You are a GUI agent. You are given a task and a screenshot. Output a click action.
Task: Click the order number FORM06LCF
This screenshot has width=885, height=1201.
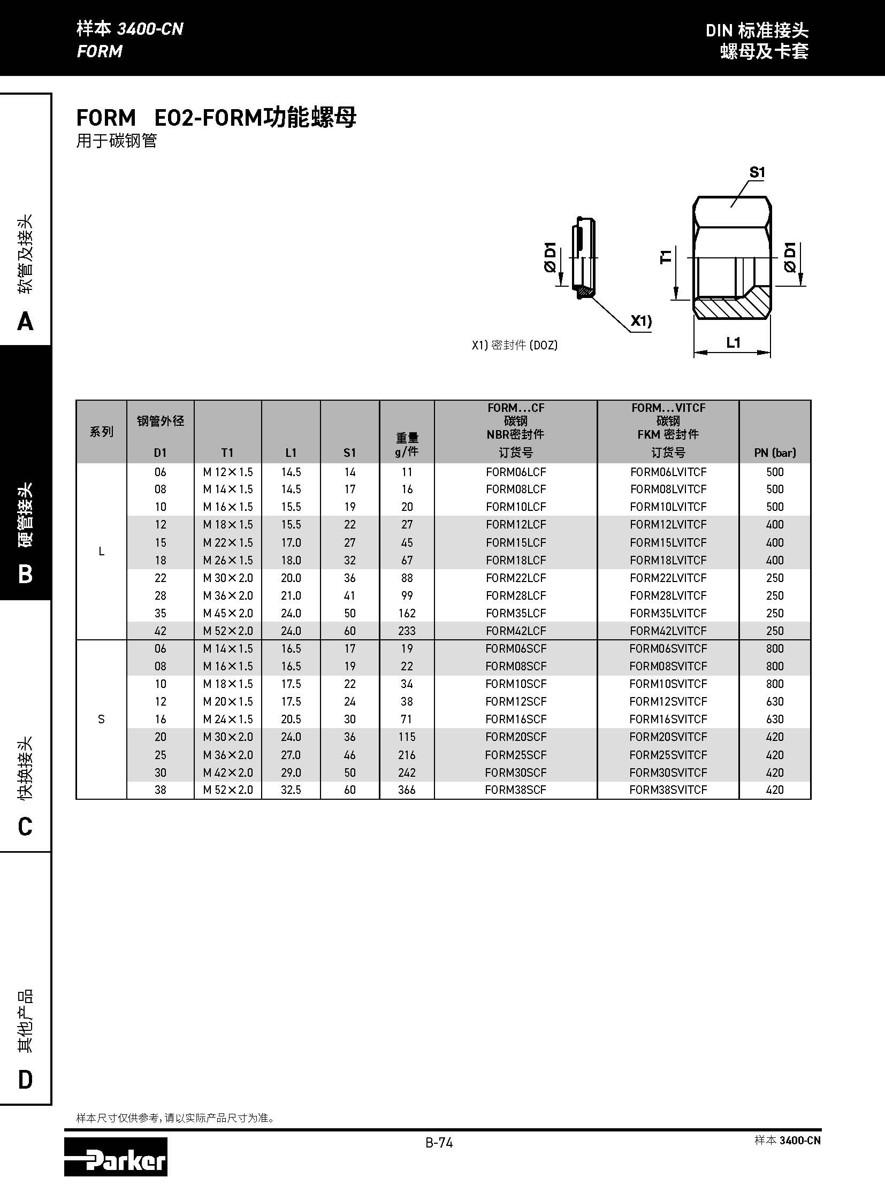coord(515,472)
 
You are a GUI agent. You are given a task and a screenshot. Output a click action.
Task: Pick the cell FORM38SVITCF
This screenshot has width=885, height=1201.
coord(668,790)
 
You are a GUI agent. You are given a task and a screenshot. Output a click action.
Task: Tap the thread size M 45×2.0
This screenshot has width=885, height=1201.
coord(228,613)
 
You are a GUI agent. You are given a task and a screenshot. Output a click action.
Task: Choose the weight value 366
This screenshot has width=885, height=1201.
coord(407,790)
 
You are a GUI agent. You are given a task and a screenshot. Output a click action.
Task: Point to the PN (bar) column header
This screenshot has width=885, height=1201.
coord(775,453)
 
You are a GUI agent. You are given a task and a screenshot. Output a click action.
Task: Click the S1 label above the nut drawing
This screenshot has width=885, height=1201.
coord(757,172)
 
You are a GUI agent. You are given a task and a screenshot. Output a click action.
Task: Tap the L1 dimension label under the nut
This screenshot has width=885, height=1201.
coord(733,343)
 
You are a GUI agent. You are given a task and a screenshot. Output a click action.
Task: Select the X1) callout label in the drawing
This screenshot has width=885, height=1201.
coord(640,321)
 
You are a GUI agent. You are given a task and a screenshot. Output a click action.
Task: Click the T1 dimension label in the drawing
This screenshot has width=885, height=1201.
coord(666,257)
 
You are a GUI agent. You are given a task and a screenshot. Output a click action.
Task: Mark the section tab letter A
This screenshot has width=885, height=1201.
coord(25,322)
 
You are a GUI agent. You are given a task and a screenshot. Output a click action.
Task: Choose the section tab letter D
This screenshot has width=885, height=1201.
coord(25,1080)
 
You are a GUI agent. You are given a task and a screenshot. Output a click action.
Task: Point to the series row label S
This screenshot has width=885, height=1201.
coord(101,719)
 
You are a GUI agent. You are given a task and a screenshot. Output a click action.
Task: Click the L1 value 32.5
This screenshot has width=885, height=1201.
coord(291,790)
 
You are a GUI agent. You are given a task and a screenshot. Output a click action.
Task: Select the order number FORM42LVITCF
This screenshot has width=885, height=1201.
coord(668,631)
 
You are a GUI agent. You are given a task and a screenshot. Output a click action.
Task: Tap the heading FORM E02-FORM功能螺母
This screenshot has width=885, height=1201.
coord(216,118)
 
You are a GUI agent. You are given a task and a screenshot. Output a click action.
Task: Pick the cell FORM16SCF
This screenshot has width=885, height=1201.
coord(515,719)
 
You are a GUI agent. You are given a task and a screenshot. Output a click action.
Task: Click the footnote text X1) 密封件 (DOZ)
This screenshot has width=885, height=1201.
coord(514,346)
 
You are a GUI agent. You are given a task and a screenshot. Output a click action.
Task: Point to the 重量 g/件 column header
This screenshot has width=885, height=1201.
coord(407,445)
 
